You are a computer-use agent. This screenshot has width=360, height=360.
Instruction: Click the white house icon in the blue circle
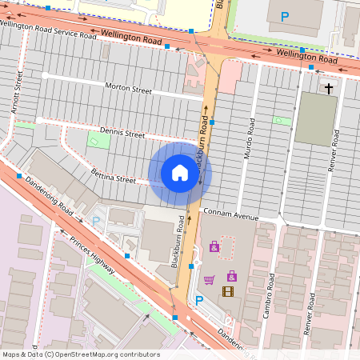180,172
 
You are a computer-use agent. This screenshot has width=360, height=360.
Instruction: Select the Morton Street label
127,89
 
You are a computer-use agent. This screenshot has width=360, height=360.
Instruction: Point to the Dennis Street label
122,134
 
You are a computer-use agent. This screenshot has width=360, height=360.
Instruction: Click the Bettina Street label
113,178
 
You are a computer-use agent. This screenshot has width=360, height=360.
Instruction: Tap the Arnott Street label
15,90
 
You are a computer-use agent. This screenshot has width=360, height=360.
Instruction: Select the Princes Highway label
92,257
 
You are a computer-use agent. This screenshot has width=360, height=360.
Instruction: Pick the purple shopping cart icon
209,279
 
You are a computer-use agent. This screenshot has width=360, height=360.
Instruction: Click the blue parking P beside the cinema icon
200,300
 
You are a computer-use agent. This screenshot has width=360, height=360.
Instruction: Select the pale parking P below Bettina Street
97,220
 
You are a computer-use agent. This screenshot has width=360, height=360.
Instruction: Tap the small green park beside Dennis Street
98,142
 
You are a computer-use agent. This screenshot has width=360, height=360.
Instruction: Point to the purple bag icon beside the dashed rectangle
214,246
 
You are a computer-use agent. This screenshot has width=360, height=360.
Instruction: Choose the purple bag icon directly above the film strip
231,276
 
